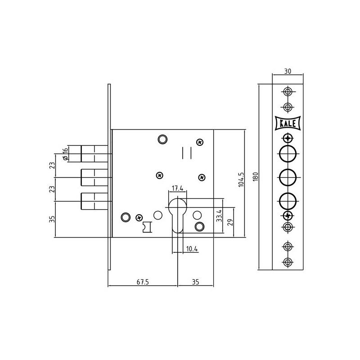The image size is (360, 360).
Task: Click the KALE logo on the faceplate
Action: [288, 123]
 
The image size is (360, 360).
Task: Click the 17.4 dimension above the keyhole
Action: [177, 188]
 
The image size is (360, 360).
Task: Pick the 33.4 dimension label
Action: [219, 216]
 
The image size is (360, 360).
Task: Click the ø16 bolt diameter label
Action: [65, 154]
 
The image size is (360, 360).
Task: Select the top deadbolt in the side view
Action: [94, 154]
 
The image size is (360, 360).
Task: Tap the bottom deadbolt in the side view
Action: [94, 201]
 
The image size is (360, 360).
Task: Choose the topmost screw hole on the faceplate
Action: [288, 92]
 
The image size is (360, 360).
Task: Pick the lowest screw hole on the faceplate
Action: [288, 262]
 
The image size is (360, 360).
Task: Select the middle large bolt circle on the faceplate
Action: [288, 177]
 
